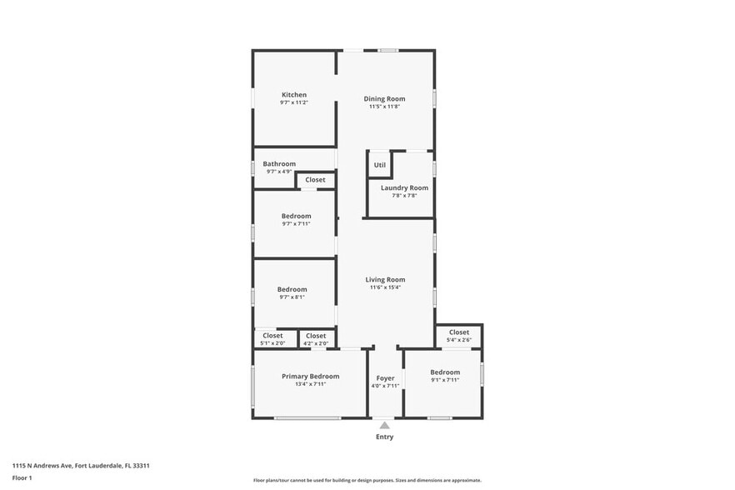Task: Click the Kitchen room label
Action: [x=294, y=95]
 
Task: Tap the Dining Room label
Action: [x=384, y=98]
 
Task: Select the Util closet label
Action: [x=380, y=165]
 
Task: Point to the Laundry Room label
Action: [x=404, y=187]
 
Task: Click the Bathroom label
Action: [x=279, y=164]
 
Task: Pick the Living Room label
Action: [x=385, y=280]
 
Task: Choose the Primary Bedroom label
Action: [x=310, y=376]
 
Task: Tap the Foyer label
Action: [x=385, y=378]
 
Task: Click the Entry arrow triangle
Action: [x=384, y=425]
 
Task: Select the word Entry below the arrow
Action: [x=384, y=437]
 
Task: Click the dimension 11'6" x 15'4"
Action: [x=385, y=287]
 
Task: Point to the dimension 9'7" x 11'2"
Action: [x=294, y=102]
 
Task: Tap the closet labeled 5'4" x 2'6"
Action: [x=459, y=336]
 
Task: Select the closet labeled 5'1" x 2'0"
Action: [x=272, y=339]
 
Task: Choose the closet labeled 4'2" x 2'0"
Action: [x=316, y=339]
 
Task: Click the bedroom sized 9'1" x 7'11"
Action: [x=444, y=376]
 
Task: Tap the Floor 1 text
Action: [x=22, y=477]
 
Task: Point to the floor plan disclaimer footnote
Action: [x=367, y=480]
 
